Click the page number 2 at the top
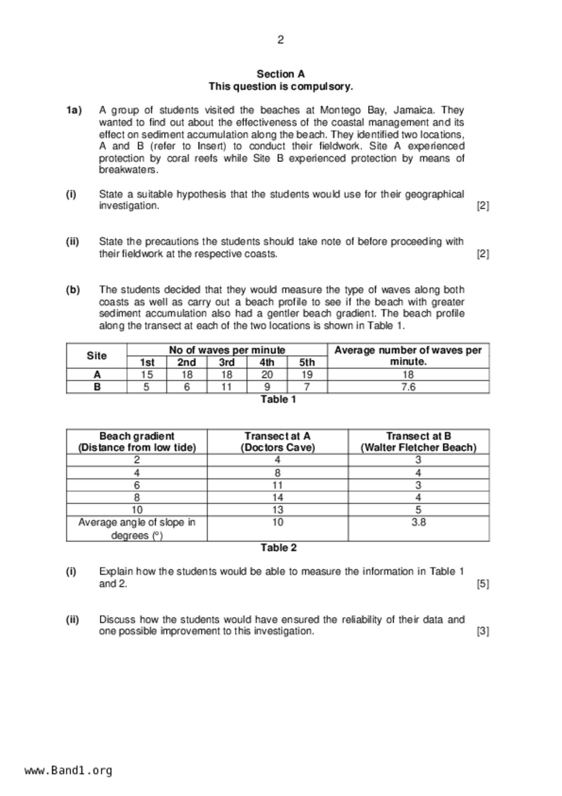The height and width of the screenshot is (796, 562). [x=280, y=40]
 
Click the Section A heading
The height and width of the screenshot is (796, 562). [x=280, y=74]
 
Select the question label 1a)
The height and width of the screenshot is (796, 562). [x=74, y=110]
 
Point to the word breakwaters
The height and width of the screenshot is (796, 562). [x=128, y=170]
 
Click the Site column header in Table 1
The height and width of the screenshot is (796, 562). [x=97, y=356]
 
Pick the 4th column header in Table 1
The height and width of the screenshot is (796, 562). [x=267, y=362]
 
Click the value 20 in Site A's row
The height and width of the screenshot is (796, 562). [x=267, y=375]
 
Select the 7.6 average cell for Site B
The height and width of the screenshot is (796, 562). [x=408, y=387]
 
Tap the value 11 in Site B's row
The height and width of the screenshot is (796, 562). [x=226, y=387]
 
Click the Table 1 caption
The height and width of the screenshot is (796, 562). [x=278, y=399]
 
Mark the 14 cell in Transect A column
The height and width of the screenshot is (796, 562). [x=278, y=497]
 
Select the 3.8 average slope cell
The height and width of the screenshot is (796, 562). [x=418, y=522]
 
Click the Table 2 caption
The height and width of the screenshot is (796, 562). [x=278, y=548]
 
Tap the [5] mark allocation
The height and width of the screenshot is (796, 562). [x=483, y=584]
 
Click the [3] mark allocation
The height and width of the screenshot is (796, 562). [x=483, y=631]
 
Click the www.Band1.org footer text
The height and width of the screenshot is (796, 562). [x=68, y=771]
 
